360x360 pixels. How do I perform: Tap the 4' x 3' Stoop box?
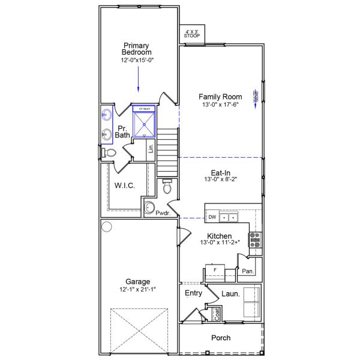pos(191,34)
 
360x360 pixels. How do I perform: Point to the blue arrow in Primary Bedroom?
pos(139,78)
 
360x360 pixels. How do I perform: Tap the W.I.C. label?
pos(124,186)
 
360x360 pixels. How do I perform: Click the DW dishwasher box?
pos(212,217)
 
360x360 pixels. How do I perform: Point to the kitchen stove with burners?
pos(255,239)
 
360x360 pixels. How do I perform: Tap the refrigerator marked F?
pos(214,272)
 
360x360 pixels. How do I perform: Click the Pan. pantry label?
pos(248,271)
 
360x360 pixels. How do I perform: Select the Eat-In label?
pos(220,173)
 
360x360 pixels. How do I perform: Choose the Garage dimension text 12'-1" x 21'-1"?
pos(137,290)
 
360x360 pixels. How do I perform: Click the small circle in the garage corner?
pos(107,227)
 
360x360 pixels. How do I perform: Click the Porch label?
pos(220,338)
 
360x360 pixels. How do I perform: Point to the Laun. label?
pos(231,294)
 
